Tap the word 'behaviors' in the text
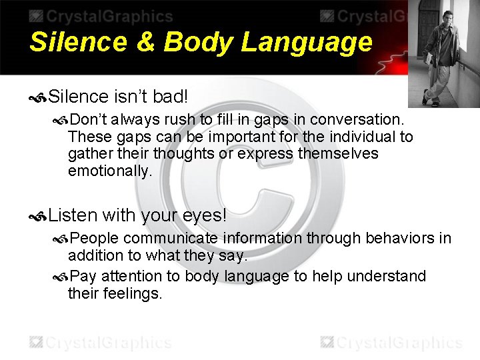click(x=398, y=238)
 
